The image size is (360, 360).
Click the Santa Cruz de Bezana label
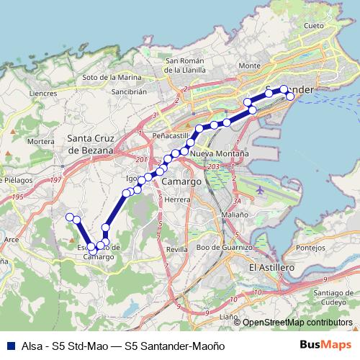pos(91,144)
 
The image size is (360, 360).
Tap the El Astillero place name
pos(272,266)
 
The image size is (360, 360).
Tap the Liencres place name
pos(43,93)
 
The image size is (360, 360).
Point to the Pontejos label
pos(311,248)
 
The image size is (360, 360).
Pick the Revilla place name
pos(176,248)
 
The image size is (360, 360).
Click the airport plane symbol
pos(259,190)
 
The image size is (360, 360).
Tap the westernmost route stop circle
pos(70,217)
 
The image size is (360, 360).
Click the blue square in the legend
pos(10,346)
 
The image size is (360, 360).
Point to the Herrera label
pos(176,199)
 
